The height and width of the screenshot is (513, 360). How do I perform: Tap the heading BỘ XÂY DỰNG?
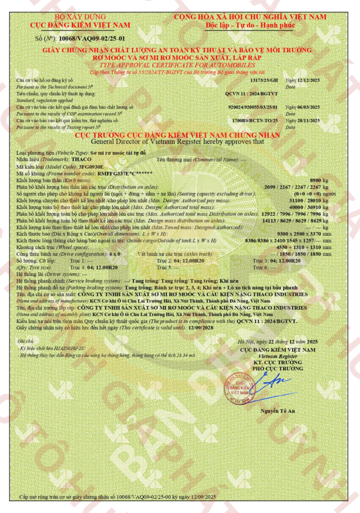tap(80, 17)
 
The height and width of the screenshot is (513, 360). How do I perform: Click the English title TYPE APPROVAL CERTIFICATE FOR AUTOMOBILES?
tap(179, 65)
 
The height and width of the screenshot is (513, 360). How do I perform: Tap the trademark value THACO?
tap(82, 158)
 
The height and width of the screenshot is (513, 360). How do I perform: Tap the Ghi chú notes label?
tap(26, 341)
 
